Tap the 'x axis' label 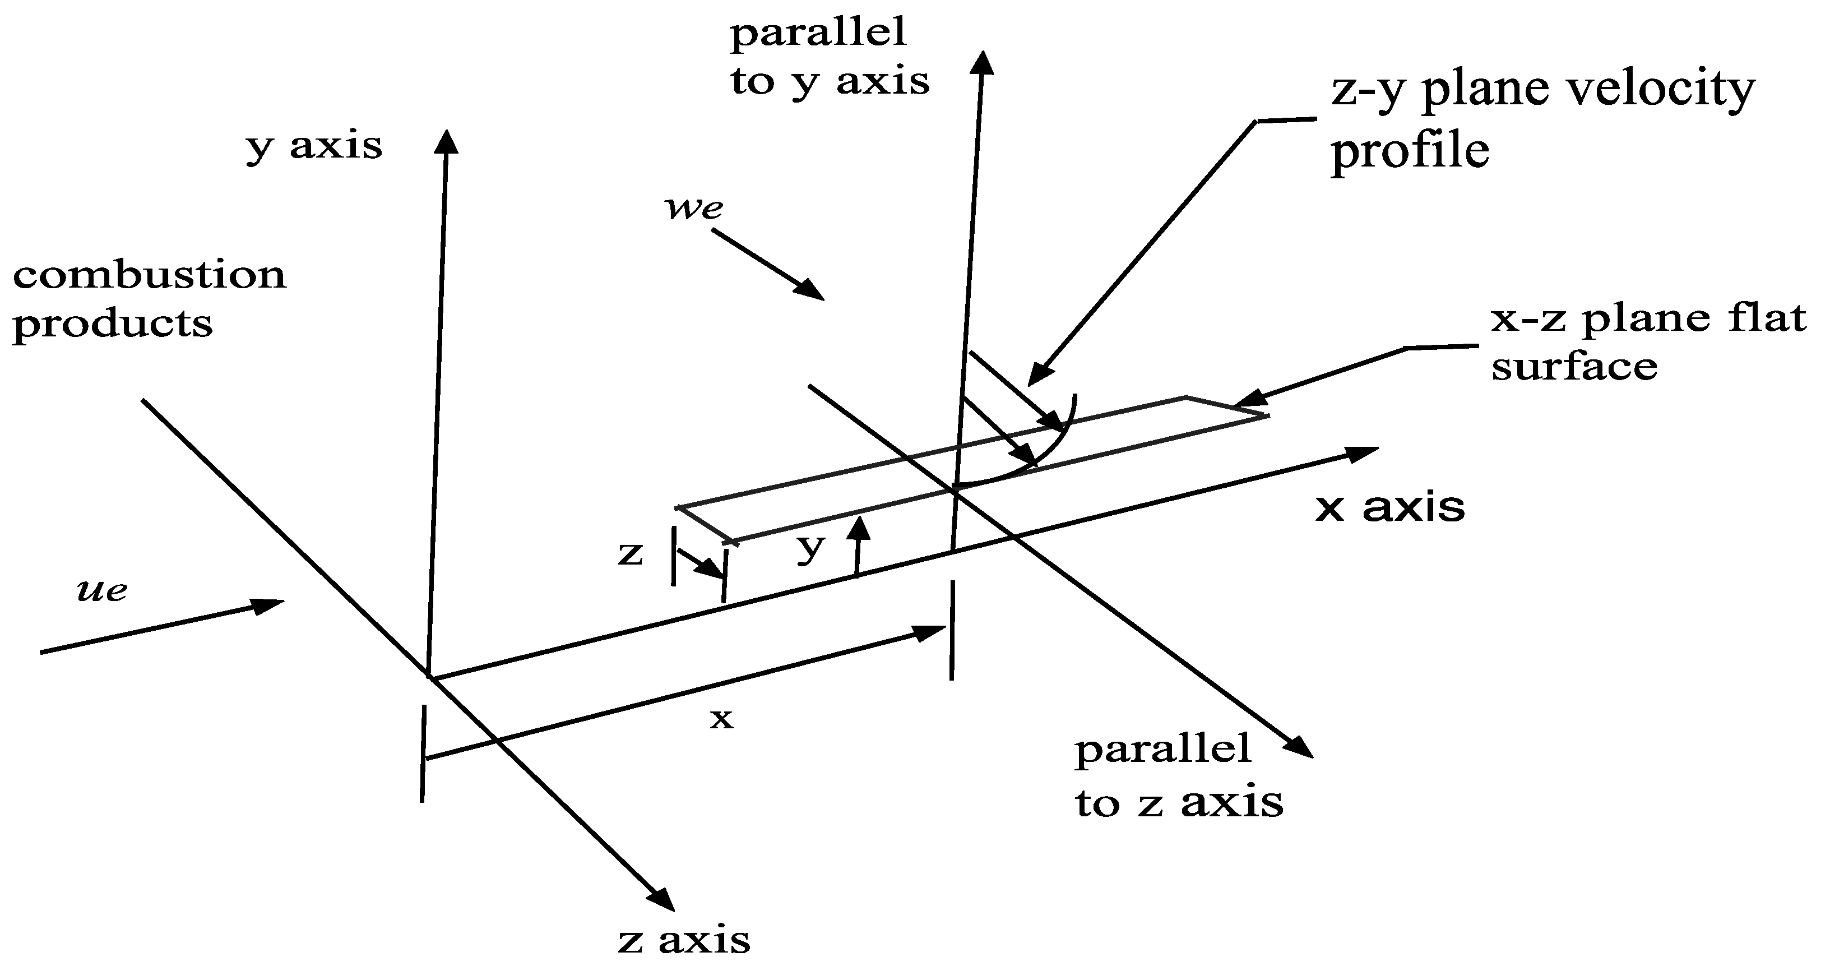click(x=1389, y=508)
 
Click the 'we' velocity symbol click(x=693, y=207)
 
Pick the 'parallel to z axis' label click(x=1179, y=776)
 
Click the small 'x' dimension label click(x=721, y=719)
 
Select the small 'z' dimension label click(x=630, y=553)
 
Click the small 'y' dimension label click(x=810, y=547)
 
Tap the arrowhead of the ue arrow click(x=270, y=605)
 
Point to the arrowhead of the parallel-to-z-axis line click(x=1299, y=747)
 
